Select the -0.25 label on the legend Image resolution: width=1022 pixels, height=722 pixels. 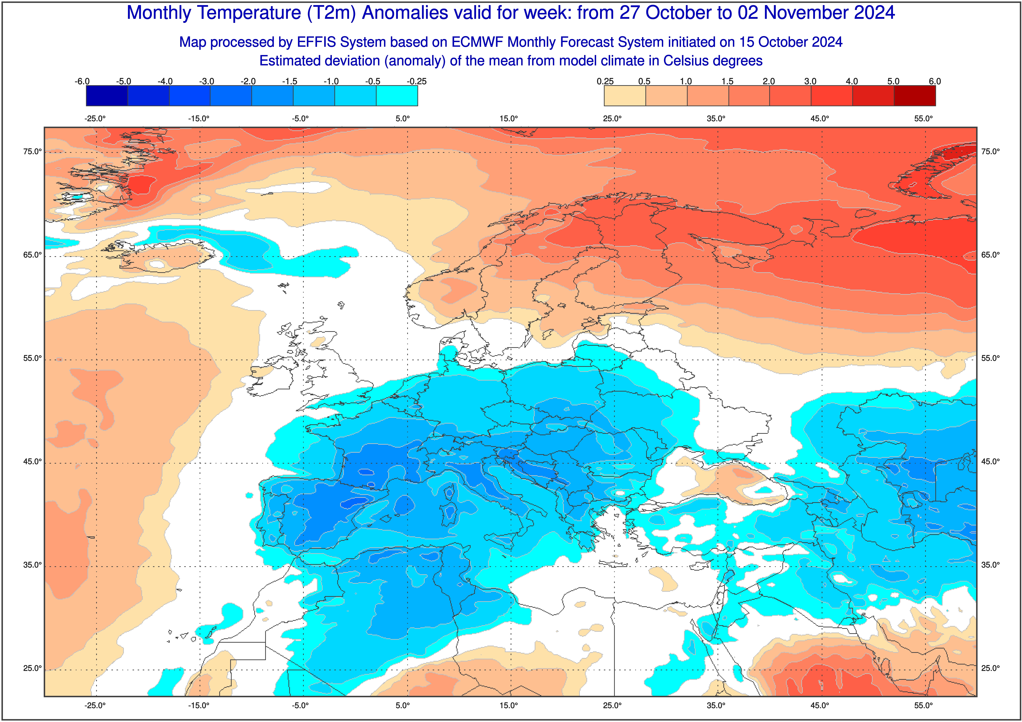[417, 81]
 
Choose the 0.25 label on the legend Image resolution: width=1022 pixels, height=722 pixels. [605, 81]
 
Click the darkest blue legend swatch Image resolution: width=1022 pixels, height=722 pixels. [107, 96]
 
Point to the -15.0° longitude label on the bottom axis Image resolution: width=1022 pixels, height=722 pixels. [199, 706]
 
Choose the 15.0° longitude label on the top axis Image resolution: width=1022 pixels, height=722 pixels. [509, 119]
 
